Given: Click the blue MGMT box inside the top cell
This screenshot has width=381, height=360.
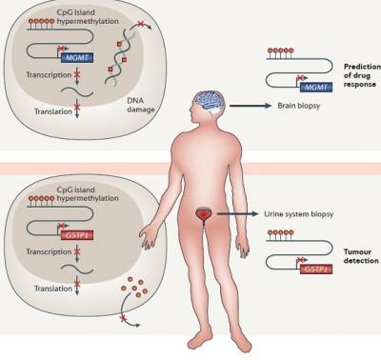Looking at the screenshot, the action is coord(77,57).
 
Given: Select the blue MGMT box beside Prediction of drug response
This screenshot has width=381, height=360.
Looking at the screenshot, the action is coord(316,87).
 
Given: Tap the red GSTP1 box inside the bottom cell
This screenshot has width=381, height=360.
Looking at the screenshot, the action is coord(77,235).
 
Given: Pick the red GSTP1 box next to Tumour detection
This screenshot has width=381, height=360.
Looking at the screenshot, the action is coord(316,269).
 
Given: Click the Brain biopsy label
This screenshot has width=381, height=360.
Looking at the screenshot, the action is coord(299,106).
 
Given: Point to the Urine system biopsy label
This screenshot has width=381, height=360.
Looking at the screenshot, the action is coord(299,214).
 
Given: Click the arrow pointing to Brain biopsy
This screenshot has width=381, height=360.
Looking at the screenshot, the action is coord(250,106).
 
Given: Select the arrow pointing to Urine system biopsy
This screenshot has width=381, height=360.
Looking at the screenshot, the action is coord(238,214).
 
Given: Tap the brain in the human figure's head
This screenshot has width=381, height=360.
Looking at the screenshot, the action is coord(211,101).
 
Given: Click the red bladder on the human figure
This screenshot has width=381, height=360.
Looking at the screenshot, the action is coord(202,214).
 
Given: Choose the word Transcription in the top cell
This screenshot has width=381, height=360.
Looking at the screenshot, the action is coord(49,75).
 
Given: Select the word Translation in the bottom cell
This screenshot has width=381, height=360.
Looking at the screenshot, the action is coord(53,289).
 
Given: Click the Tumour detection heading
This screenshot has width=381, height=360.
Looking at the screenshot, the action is coord(361,256).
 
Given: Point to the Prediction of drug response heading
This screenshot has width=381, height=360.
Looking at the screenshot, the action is coord(362,75).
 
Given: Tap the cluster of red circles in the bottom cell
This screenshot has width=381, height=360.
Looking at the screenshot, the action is coord(134,287).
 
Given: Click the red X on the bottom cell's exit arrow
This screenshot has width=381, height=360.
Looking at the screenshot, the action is coord(122,317).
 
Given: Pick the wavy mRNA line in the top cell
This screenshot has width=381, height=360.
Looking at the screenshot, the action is coord(77,92).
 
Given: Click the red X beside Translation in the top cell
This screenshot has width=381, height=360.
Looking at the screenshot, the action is coord(77,107).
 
